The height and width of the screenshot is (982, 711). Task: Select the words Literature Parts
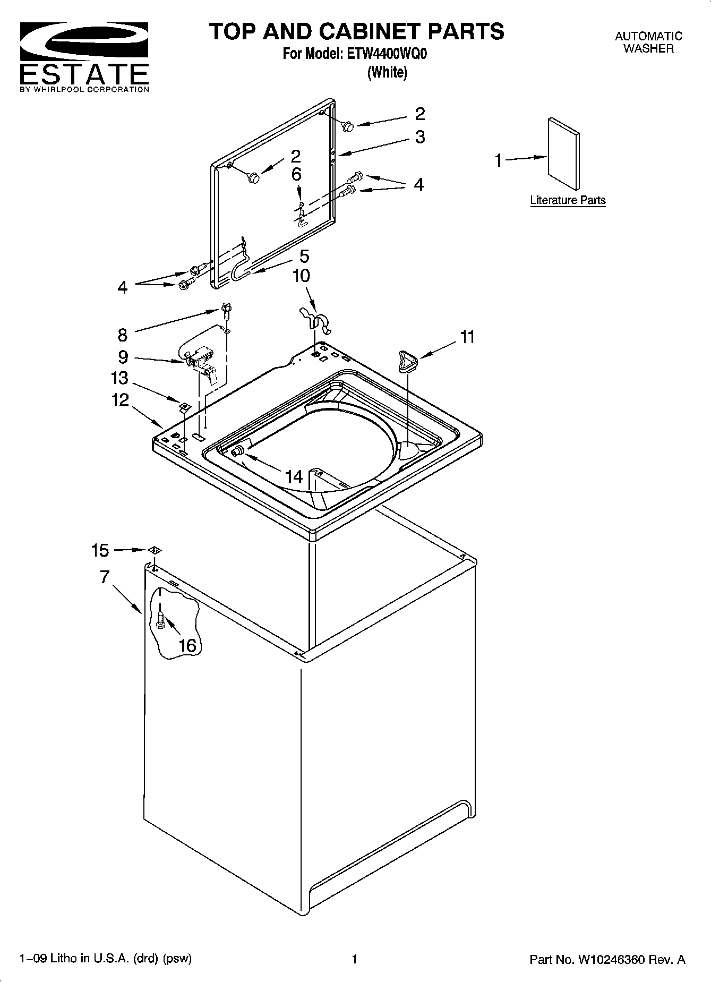(x=568, y=200)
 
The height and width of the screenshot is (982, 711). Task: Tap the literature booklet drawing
(x=563, y=153)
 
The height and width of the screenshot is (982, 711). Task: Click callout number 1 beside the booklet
(x=498, y=160)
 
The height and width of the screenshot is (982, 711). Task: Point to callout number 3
(x=420, y=137)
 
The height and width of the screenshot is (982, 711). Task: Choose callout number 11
(x=467, y=337)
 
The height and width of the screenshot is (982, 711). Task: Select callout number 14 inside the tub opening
(x=294, y=476)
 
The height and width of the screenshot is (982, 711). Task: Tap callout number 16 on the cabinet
(x=187, y=645)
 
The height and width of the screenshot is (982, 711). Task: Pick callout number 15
(x=100, y=550)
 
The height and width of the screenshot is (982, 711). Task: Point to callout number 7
(x=105, y=577)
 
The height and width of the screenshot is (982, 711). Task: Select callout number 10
(x=301, y=276)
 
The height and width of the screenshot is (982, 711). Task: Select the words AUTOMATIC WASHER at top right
(x=648, y=42)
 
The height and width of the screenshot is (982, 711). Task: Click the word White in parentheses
(x=387, y=73)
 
